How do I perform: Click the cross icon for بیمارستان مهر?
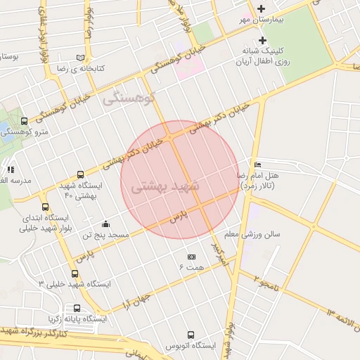pyautogui.click(x=262, y=8)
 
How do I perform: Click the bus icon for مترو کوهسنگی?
pyautogui.click(x=25, y=121)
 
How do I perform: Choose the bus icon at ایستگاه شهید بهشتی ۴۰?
pyautogui.click(x=80, y=174)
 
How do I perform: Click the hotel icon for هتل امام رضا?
pyautogui.click(x=257, y=164)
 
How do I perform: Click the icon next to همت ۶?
pyautogui.click(x=191, y=257)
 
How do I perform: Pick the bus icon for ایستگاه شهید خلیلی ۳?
pyautogui.click(x=75, y=274)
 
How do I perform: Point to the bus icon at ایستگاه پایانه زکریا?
pyautogui.click(x=77, y=308)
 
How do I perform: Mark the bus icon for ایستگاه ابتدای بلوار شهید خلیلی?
pyautogui.click(x=46, y=207)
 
